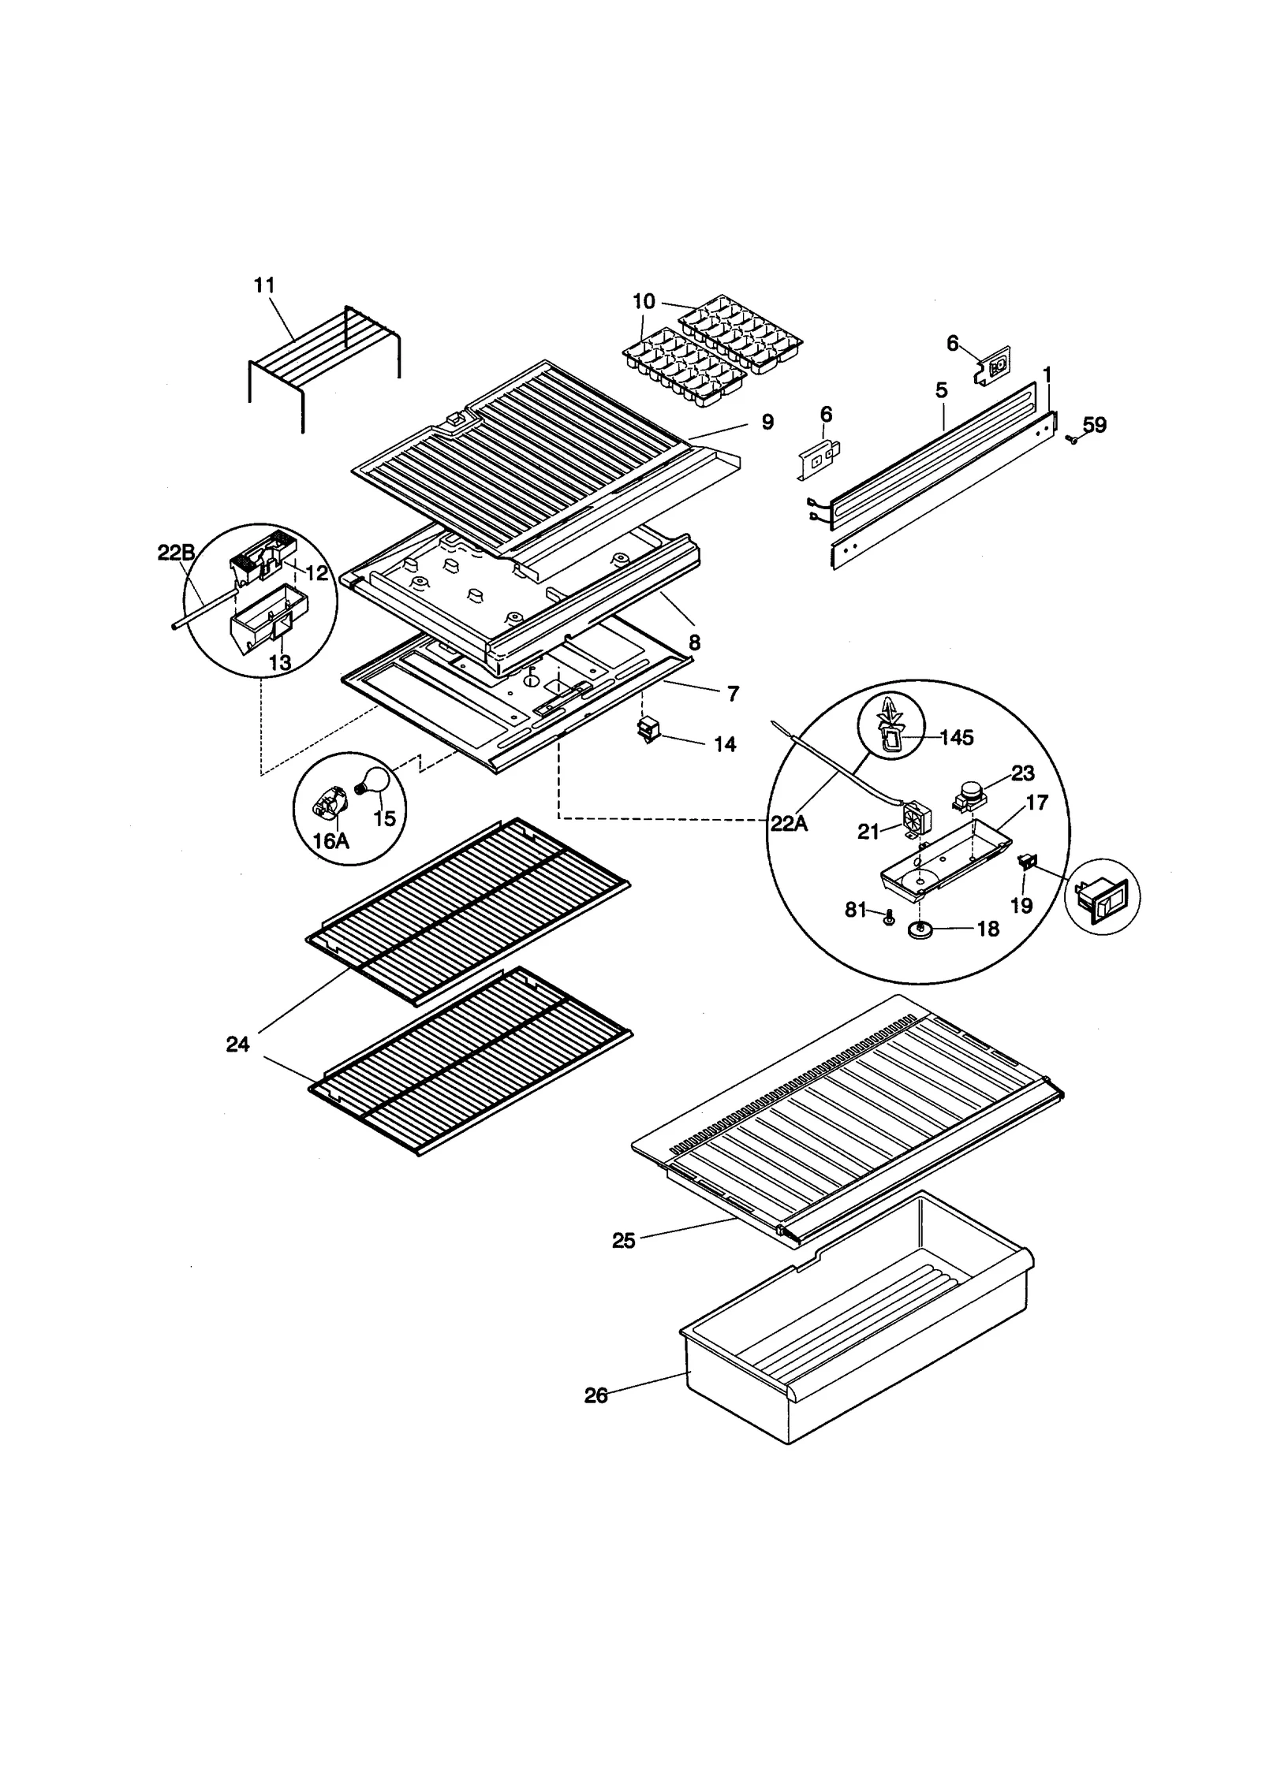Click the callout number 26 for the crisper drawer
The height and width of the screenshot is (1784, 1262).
tap(596, 1396)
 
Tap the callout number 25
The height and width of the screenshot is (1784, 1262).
tap(623, 1241)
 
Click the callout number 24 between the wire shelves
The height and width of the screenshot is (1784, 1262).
tap(237, 1044)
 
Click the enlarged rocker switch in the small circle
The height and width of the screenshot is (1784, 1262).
tap(1102, 898)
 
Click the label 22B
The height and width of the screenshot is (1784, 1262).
tap(176, 553)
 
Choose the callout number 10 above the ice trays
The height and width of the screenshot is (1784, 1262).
tap(644, 301)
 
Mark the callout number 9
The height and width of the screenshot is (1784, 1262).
tap(767, 422)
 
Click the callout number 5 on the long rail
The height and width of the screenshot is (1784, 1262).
tap(942, 390)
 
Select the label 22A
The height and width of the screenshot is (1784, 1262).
tap(789, 824)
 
